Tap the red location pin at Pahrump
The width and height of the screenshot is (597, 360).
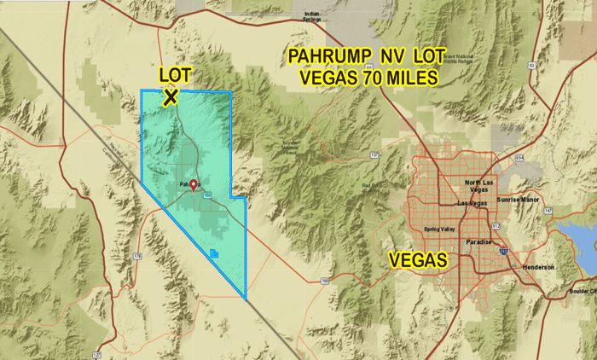[x=194, y=185]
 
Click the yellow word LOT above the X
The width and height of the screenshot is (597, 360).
[x=175, y=76]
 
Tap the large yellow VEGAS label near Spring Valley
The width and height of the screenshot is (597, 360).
[x=419, y=259]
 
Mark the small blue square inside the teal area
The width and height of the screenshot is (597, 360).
[x=213, y=252]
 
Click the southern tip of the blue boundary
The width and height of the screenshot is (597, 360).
[x=246, y=299]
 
